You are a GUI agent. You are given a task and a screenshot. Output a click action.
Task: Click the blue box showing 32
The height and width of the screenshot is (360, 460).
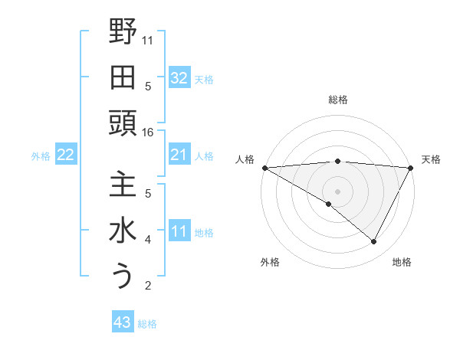179,77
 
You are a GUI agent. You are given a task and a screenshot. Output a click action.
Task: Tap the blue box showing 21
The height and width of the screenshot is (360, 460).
179,155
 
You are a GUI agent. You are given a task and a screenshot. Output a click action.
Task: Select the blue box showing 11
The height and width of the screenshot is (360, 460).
179,231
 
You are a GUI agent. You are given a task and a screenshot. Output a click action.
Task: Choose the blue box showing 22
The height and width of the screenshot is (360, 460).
65,155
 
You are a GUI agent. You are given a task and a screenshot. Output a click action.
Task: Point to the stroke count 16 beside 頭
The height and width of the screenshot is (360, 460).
148,133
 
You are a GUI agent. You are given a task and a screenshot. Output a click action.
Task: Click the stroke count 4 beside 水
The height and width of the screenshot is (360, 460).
148,240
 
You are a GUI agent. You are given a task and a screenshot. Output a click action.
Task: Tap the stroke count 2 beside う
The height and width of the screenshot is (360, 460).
148,286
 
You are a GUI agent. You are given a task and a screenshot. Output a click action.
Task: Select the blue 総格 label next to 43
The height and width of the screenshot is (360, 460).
147,324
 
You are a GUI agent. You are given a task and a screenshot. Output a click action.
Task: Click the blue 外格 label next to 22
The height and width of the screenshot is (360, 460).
41,156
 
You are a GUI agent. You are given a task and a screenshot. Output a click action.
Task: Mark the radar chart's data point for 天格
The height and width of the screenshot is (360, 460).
411,168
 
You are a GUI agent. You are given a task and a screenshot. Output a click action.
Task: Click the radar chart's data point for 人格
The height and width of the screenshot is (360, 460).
264,168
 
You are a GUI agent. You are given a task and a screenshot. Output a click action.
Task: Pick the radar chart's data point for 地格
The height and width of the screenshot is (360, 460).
374,242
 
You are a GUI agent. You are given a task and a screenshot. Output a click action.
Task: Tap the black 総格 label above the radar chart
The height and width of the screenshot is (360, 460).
337,100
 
